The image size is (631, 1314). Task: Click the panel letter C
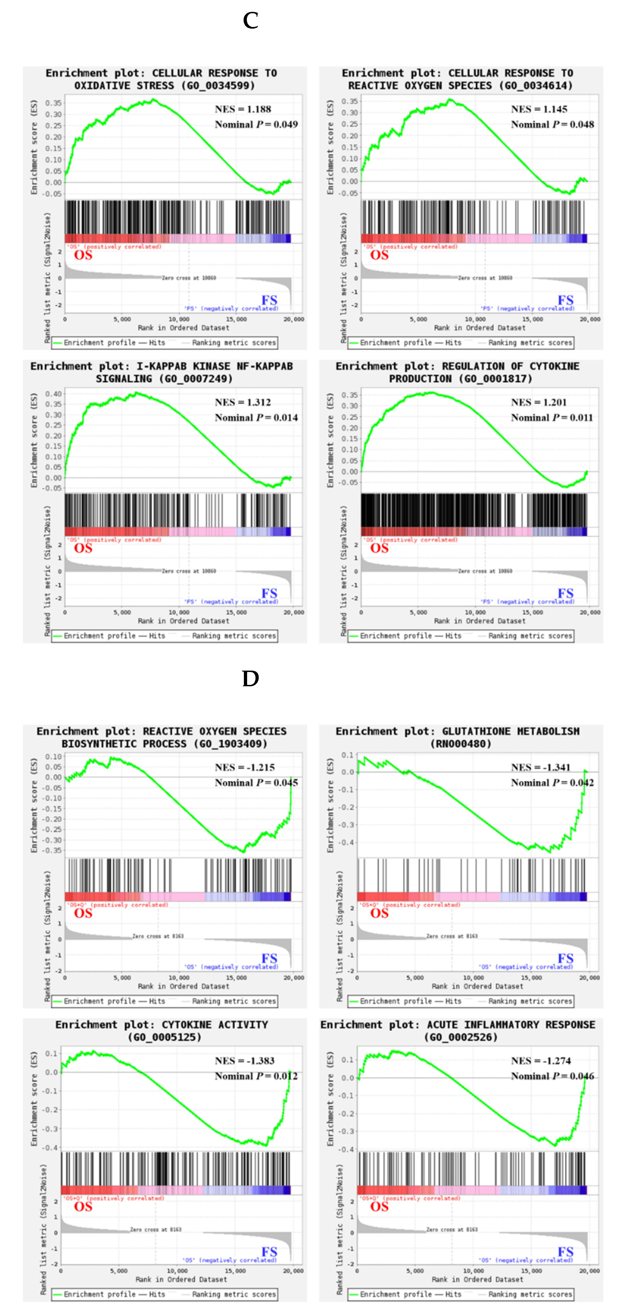click(x=250, y=21)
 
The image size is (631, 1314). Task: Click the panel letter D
click(x=250, y=678)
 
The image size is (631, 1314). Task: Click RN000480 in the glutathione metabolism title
click(x=461, y=744)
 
